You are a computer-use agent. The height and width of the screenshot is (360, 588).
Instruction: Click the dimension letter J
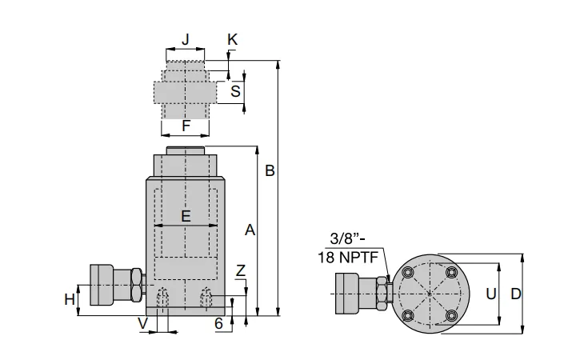(186, 39)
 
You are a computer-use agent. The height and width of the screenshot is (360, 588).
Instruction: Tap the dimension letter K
(232, 39)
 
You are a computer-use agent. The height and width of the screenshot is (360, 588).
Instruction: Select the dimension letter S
(235, 91)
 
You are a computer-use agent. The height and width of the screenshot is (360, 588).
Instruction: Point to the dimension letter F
(186, 126)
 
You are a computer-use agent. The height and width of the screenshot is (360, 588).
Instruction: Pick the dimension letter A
(250, 230)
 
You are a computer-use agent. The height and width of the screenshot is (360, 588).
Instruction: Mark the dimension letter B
(270, 170)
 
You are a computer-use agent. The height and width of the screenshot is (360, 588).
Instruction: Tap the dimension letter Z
(241, 271)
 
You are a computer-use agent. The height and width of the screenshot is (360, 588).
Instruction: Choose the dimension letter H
(70, 299)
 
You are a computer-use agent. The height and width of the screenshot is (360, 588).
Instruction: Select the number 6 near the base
(218, 323)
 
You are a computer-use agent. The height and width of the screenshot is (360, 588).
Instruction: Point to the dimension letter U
(491, 294)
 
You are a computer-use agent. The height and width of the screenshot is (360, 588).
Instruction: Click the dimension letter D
(515, 294)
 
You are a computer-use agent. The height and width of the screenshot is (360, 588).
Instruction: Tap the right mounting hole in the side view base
(206, 296)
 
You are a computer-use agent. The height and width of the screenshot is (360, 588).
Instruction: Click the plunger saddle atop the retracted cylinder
(186, 151)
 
